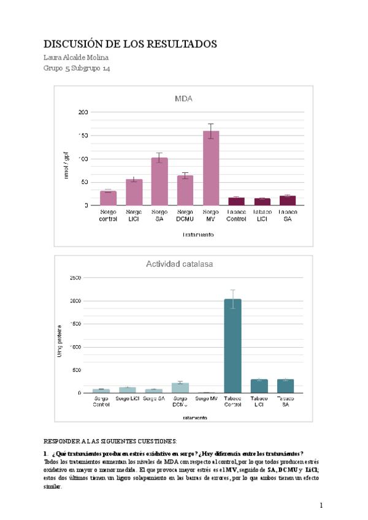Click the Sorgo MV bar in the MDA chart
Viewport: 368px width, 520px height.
pos(211,169)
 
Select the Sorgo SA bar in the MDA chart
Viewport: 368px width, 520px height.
pos(159,182)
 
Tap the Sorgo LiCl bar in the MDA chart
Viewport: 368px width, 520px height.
pos(134,193)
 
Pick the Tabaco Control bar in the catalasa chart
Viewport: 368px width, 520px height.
pos(232,346)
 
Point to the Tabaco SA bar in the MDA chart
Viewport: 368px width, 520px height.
pos(288,201)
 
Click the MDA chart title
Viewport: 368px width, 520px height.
pos(184,99)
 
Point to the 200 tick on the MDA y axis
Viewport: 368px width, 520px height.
pos(82,112)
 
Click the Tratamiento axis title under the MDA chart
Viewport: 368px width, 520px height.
pos(197,235)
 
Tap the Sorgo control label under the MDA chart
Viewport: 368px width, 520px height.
pos(108,215)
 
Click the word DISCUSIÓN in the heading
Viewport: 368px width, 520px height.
pos(74,44)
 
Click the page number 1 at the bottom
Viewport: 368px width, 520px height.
pos(321,505)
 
